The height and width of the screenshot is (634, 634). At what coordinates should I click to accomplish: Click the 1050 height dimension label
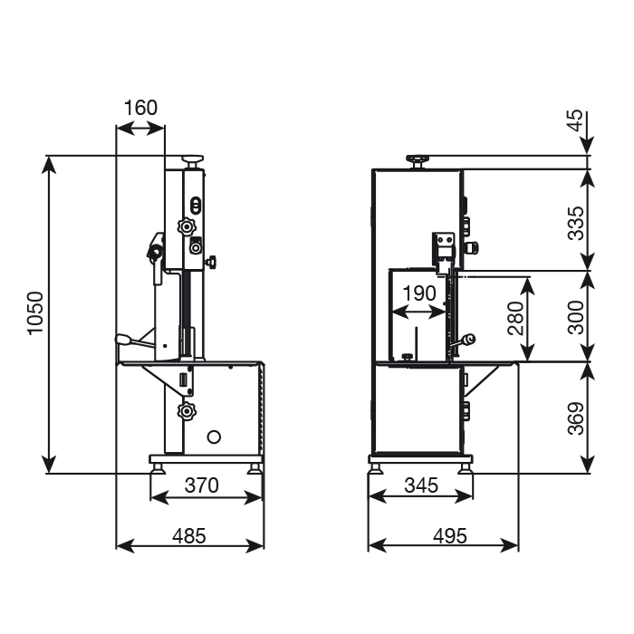(x=35, y=313)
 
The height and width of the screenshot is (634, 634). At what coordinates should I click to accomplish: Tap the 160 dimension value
(x=140, y=108)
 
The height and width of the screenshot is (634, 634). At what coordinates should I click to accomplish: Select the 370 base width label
(x=201, y=485)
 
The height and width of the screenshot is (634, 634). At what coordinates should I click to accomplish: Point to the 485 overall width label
(x=188, y=536)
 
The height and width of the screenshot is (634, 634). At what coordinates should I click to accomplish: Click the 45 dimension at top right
(x=576, y=120)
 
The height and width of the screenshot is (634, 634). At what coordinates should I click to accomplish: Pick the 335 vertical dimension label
(x=576, y=223)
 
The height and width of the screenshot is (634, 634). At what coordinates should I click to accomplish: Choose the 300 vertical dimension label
(x=576, y=317)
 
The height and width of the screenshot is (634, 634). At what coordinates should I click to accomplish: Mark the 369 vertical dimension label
(x=576, y=418)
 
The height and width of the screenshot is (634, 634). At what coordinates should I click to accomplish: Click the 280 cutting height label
(x=515, y=318)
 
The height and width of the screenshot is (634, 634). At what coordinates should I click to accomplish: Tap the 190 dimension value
(x=419, y=293)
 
